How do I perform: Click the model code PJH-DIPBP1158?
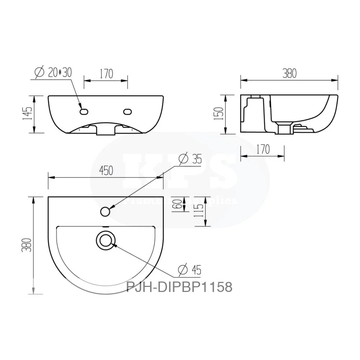(x=179, y=287)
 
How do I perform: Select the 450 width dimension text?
(x=106, y=170)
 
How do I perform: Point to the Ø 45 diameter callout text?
(x=190, y=269)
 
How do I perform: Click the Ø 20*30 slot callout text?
(x=54, y=72)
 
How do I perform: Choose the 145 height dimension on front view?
(x=28, y=114)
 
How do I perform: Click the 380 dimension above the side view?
(x=289, y=73)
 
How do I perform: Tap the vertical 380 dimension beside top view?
(x=28, y=245)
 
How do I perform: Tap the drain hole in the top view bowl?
(x=105, y=240)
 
